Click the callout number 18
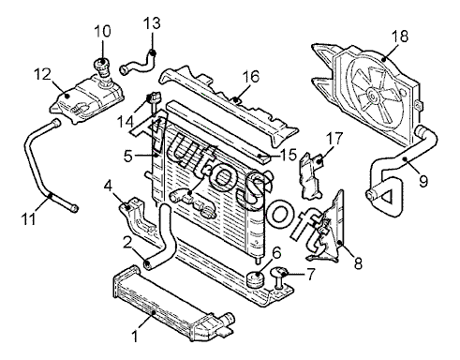(400, 37)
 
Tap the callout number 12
(42, 74)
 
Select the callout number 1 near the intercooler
(135, 337)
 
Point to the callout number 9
(423, 181)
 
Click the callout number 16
(251, 76)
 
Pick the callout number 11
(28, 218)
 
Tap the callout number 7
(311, 274)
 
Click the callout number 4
(108, 186)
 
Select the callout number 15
(288, 155)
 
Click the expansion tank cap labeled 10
(101, 67)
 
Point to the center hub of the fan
(372, 96)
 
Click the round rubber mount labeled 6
(256, 279)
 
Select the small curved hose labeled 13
(138, 65)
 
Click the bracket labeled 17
(311, 176)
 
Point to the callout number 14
(125, 122)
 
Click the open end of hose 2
(147, 265)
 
